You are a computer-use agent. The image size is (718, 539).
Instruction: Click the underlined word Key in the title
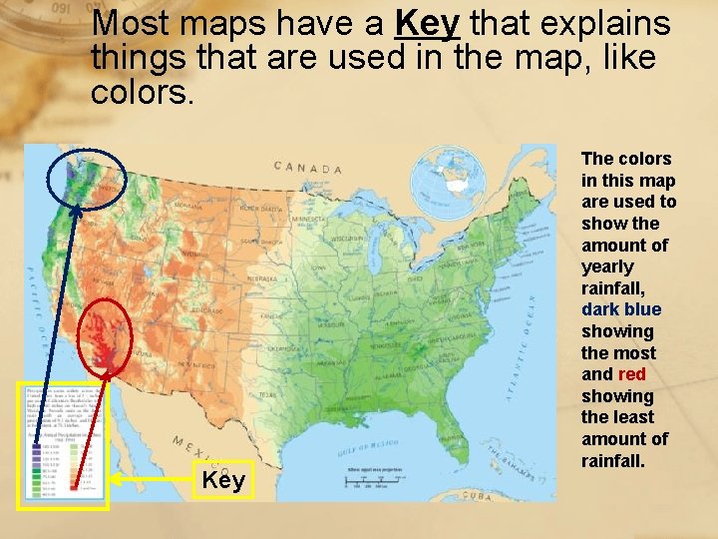tap(427, 23)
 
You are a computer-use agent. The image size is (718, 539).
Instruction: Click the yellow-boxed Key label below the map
tap(224, 481)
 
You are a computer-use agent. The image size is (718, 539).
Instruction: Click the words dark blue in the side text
tap(621, 309)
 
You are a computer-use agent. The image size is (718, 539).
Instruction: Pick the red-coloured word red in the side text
tap(632, 374)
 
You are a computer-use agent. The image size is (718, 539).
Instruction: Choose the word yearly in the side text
tap(607, 267)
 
